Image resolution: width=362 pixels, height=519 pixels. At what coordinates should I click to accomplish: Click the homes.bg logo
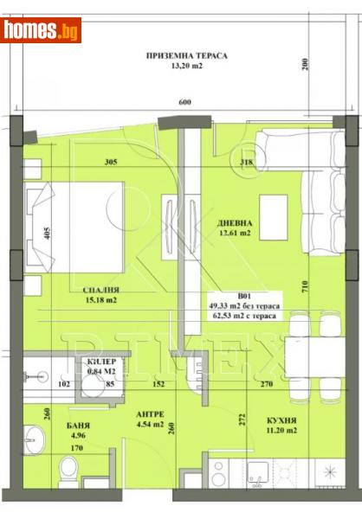pyautogui.click(x=41, y=30)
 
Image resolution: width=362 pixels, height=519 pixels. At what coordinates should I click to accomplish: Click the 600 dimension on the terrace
pyautogui.click(x=185, y=103)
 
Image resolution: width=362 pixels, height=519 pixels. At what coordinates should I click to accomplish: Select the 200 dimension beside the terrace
pyautogui.click(x=304, y=66)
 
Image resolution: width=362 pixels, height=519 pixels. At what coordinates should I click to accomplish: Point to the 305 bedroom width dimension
pyautogui.click(x=110, y=161)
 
